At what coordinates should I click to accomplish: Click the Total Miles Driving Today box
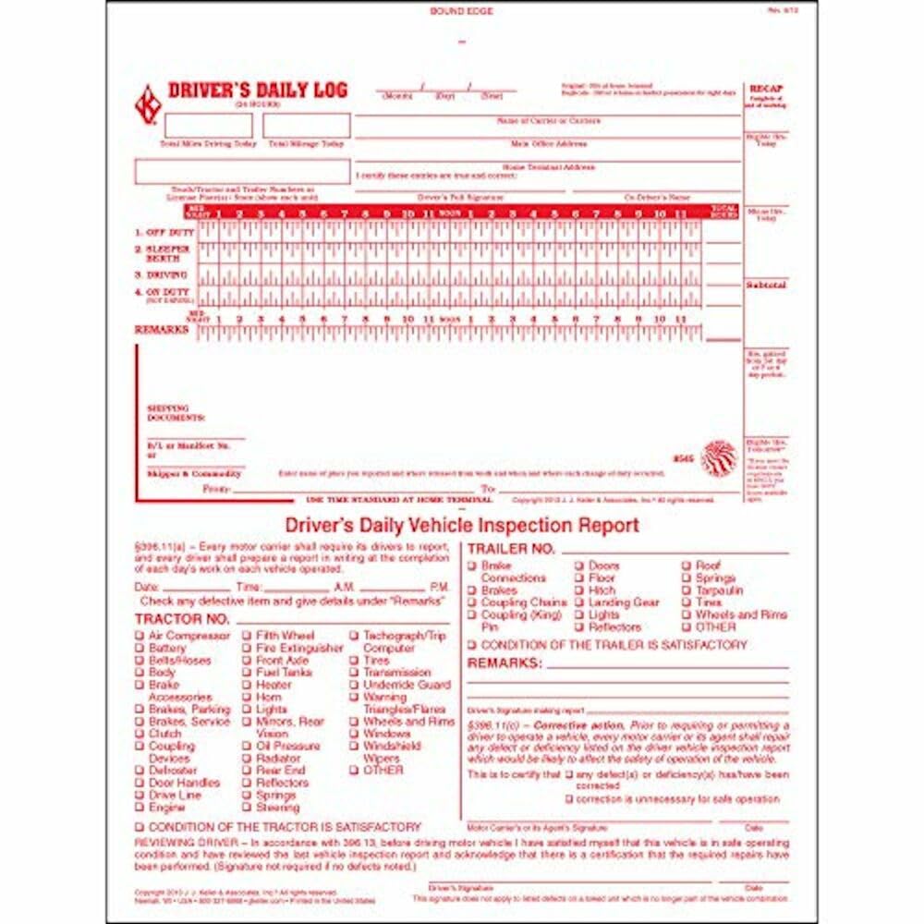(x=195, y=126)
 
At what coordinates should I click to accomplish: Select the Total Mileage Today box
(x=307, y=126)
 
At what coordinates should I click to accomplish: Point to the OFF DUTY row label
(x=164, y=232)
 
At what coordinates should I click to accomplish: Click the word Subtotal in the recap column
(x=766, y=286)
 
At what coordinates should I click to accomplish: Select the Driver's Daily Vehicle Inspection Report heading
(x=462, y=526)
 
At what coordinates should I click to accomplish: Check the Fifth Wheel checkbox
(x=248, y=636)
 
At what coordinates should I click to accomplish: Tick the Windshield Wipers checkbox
(x=355, y=746)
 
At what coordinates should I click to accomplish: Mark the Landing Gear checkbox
(x=579, y=602)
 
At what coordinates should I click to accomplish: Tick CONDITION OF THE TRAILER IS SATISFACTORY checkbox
(x=472, y=645)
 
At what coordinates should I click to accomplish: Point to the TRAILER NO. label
(x=511, y=549)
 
